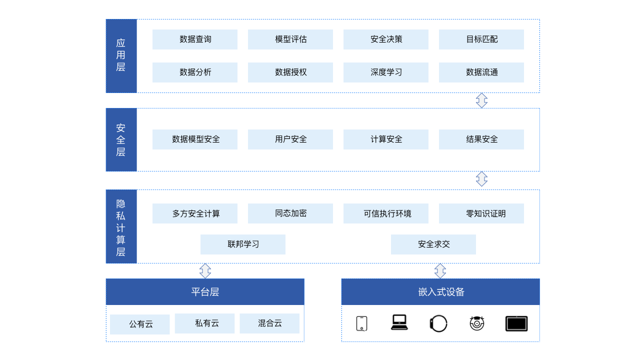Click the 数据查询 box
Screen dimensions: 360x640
195,39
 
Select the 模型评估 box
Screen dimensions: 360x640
290,39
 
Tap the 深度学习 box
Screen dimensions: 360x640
386,72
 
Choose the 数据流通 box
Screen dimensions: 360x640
481,72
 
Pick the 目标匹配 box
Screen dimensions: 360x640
481,39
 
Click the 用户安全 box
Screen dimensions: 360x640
290,139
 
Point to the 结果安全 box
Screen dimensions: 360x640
481,139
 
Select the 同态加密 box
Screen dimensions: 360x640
290,213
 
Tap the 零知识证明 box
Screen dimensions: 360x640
481,213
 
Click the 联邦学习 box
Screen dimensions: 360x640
243,244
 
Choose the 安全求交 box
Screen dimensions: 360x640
433,244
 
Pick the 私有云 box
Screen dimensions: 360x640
204,323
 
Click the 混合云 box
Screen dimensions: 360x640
269,323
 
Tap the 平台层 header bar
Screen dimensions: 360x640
205,292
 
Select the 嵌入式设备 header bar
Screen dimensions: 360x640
440,292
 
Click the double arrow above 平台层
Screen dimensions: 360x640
205,271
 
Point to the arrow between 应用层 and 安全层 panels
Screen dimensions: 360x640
481,100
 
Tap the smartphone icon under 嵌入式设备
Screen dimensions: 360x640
361,323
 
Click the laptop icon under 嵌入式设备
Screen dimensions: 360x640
399,322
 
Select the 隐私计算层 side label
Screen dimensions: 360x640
121,226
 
